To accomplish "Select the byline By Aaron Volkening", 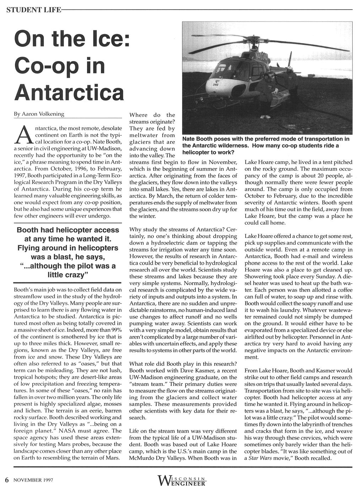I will coord(39,114).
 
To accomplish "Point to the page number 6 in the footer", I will coord(6,479).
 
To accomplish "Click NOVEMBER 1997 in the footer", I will coord(33,480).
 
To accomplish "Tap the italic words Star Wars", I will coord(261,458).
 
